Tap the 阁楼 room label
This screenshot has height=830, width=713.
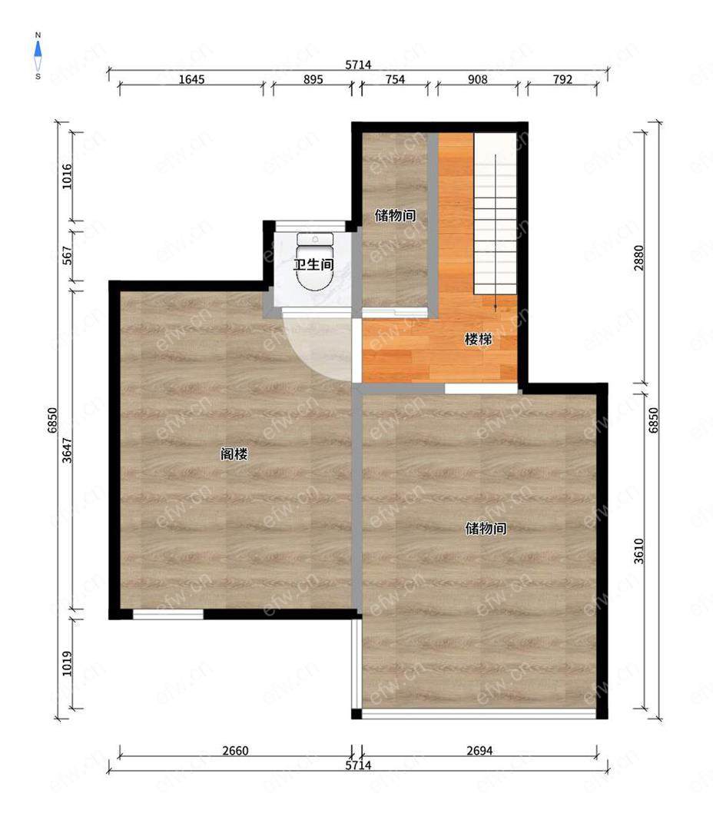point(234,453)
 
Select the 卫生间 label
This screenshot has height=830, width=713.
point(313,264)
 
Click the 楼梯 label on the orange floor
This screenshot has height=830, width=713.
point(478,339)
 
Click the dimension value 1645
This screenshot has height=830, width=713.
point(191,79)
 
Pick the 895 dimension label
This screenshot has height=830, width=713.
point(313,79)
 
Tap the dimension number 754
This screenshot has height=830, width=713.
point(395,79)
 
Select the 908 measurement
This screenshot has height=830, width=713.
point(477,79)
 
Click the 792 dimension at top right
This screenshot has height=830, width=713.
point(562,79)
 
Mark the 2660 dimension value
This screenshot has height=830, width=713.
point(235,751)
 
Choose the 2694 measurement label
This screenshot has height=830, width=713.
point(479,751)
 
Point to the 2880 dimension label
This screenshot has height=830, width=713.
point(639,257)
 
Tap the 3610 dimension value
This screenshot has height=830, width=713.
point(639,551)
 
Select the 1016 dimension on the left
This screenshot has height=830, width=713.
point(67,177)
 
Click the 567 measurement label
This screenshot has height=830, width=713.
point(67,256)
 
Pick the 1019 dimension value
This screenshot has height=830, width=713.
point(67,663)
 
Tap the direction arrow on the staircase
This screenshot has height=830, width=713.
point(495,232)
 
